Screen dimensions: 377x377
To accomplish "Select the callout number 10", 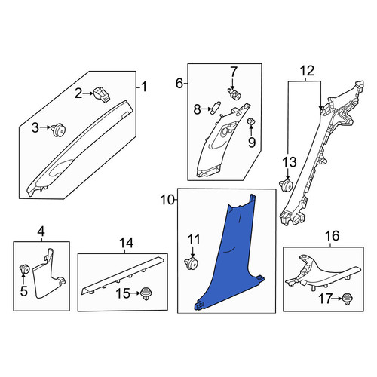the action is pos(167,201).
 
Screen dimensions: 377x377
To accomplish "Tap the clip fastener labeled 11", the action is pos(192,263).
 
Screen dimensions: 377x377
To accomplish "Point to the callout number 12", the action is pos(308,71).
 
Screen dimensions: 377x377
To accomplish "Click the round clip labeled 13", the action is pos(287,185).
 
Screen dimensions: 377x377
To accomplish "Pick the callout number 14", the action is pos(126,243).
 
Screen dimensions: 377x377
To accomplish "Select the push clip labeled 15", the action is pos(146,293).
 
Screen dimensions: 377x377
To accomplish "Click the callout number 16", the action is pos(333,236).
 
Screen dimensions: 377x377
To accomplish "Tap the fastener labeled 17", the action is pos(346,299).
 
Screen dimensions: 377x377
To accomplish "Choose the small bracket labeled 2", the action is pos(102,94).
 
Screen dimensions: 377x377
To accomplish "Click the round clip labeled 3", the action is pos(58,130).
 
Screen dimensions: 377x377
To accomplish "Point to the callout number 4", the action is pos(41,231).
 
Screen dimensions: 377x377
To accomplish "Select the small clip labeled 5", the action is pos(25,270).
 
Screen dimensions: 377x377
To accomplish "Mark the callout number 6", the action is pos(179,84).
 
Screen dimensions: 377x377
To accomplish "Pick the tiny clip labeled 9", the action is pos(251,122).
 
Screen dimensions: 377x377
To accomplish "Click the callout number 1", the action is pos(144,87).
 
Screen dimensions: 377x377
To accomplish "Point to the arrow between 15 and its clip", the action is pos(136,293).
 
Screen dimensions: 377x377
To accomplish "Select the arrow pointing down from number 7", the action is pos(233,83).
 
